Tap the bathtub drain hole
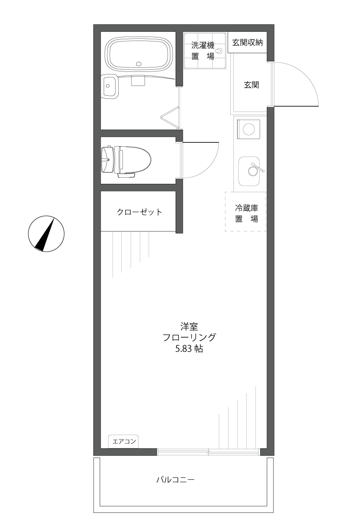[x=139, y=64]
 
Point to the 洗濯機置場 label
[x=203, y=51]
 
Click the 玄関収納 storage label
[x=247, y=43]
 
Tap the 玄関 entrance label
[x=251, y=85]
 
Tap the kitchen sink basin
[x=250, y=171]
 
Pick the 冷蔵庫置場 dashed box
[x=246, y=212]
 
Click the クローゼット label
[x=139, y=212]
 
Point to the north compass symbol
[x=46, y=234]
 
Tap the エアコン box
[x=124, y=441]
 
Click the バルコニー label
[x=175, y=479]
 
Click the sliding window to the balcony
[x=208, y=451]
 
